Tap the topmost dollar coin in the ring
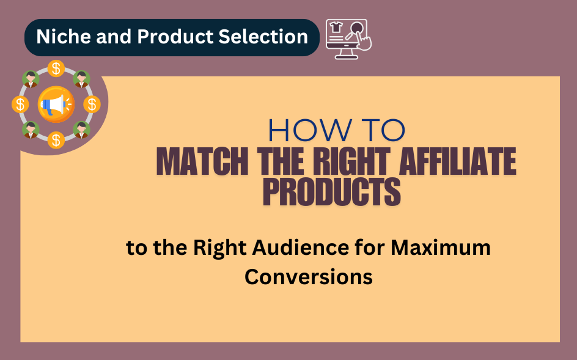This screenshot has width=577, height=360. (56, 68)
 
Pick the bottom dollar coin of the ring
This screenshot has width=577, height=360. (56, 140)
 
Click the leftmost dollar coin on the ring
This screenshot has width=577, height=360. (20, 105)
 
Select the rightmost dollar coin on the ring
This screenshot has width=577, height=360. (92, 105)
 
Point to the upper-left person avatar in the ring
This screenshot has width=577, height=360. (30, 79)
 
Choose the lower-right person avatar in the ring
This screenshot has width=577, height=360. (81, 130)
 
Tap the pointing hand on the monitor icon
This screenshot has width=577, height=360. (362, 42)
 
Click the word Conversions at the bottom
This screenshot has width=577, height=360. (309, 276)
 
